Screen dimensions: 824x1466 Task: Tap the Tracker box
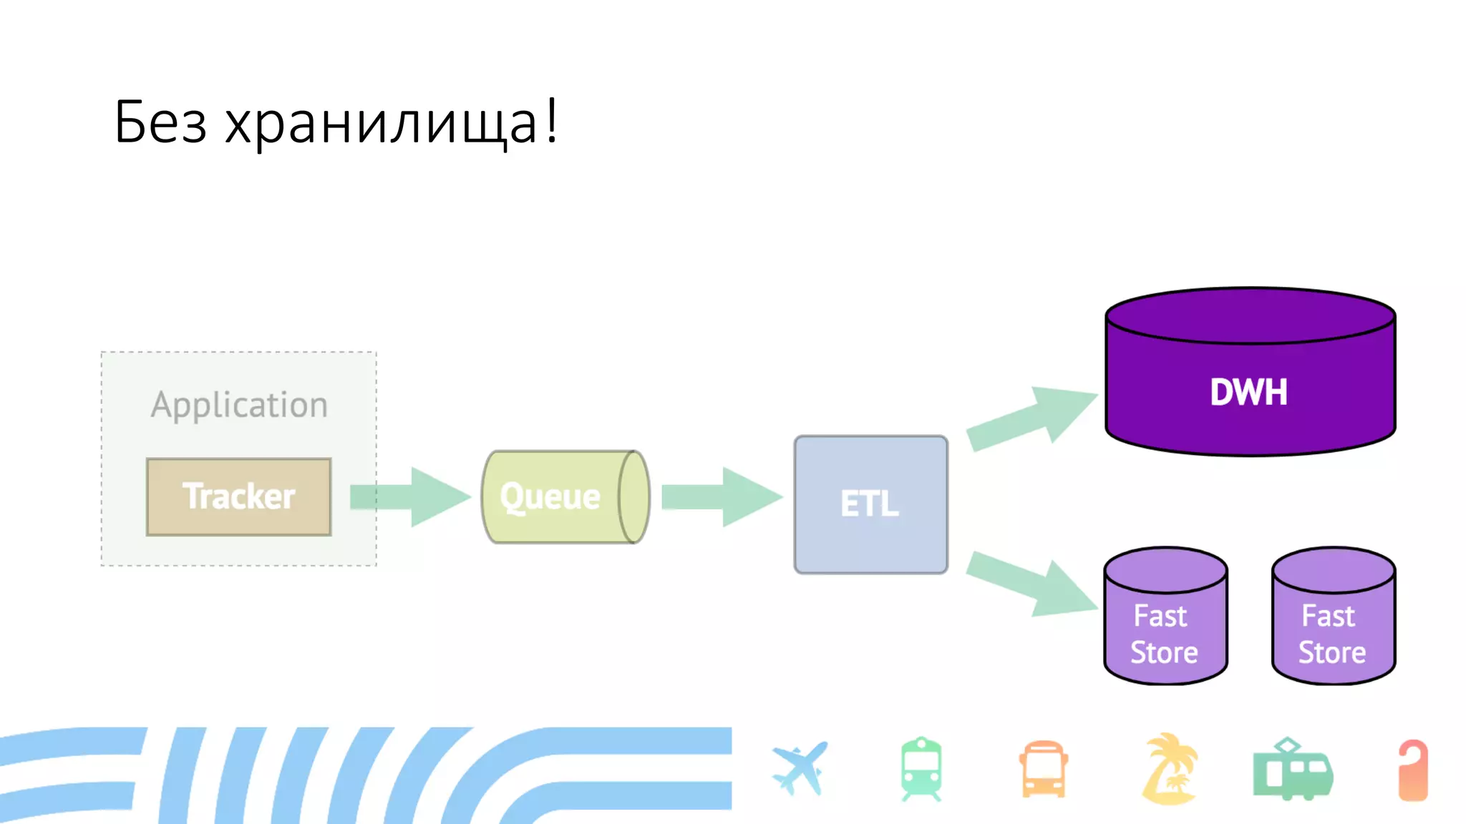(238, 497)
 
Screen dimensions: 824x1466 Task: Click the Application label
(239, 405)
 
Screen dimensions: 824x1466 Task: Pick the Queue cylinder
(564, 497)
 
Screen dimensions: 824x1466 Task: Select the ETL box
(870, 504)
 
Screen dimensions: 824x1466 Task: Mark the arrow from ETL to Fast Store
(1031, 583)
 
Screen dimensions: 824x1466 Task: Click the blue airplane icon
(800, 768)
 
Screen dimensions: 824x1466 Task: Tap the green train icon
(921, 769)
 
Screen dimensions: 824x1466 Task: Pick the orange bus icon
(1044, 770)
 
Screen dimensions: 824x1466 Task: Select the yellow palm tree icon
(1169, 768)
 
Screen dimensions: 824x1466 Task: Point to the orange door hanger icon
(1413, 770)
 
